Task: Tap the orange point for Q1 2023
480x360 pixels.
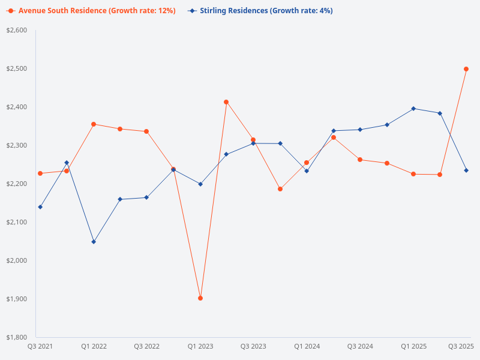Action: (x=200, y=298)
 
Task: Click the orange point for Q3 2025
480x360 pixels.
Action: (x=466, y=69)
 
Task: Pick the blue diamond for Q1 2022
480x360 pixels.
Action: (x=94, y=242)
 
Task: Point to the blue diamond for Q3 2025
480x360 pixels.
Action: (x=466, y=170)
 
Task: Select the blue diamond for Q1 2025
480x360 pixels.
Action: (x=413, y=109)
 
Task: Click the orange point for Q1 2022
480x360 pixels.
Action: (x=94, y=124)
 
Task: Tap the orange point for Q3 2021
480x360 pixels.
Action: (x=40, y=173)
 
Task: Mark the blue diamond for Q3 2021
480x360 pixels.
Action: (x=40, y=207)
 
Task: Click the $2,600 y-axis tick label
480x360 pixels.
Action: (x=17, y=30)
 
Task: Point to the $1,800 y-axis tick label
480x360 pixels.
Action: (x=17, y=337)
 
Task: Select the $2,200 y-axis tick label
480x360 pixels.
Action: (x=17, y=184)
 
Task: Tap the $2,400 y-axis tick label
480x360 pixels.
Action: (x=17, y=107)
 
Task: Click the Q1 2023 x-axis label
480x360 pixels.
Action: (x=200, y=346)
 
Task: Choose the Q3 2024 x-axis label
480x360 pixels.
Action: (x=360, y=346)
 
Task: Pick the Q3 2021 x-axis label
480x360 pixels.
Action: (x=40, y=346)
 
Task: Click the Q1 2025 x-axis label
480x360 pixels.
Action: (x=413, y=346)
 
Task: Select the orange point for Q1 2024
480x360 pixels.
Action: (x=307, y=163)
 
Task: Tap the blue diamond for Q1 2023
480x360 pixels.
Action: (x=200, y=184)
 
